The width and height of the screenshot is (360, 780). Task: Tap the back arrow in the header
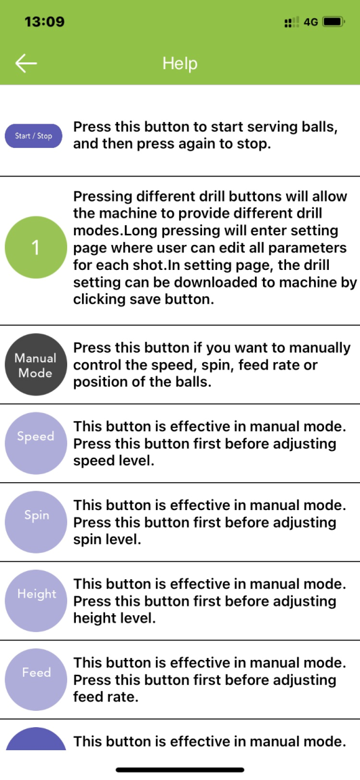click(x=26, y=63)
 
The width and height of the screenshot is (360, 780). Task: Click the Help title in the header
click(x=180, y=63)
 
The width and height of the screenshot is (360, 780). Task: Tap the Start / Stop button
click(x=33, y=136)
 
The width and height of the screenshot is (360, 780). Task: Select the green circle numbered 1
click(x=36, y=248)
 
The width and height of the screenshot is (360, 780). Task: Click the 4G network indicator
click(x=311, y=22)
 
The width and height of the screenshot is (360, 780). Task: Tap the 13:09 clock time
click(x=44, y=22)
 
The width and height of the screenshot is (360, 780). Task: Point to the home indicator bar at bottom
click(x=180, y=770)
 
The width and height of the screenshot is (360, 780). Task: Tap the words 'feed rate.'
click(x=105, y=697)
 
